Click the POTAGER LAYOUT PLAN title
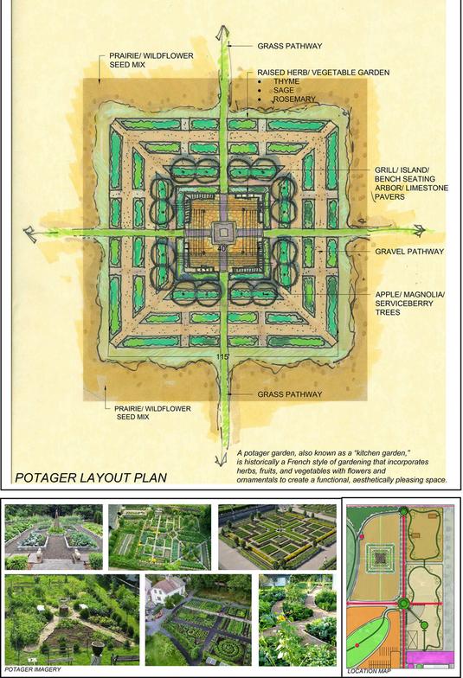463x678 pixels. (91, 477)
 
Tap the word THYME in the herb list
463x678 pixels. (286, 81)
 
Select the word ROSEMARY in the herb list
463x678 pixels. (294, 99)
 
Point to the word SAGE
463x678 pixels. (284, 90)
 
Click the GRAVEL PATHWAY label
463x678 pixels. (409, 251)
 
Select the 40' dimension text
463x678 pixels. (222, 249)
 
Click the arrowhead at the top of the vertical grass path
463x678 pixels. (223, 33)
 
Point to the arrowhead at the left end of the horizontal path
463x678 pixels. (31, 232)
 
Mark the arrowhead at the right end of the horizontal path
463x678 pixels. (419, 231)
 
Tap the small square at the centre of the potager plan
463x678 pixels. (222, 233)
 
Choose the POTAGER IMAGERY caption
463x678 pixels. (33, 669)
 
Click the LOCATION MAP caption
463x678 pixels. (370, 671)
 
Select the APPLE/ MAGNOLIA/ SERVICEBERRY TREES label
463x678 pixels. (410, 303)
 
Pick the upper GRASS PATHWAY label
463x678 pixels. (289, 46)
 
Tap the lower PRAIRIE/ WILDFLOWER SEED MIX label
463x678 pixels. (152, 413)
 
